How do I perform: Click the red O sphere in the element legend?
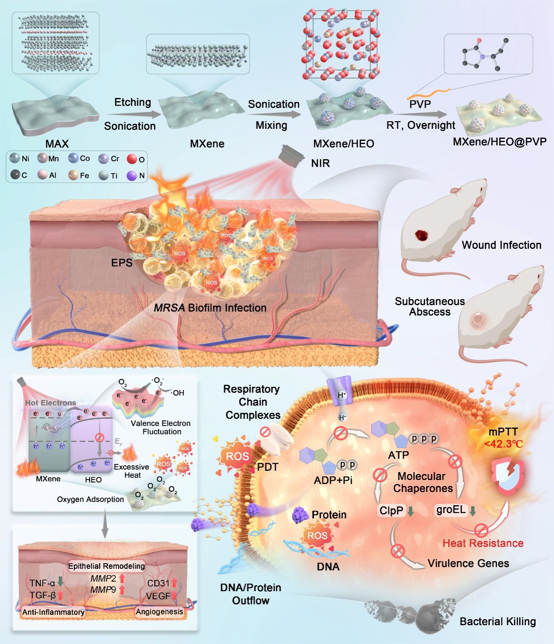[x=132, y=159]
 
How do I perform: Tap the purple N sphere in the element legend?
[x=132, y=175]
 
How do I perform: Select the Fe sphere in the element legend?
[x=73, y=175]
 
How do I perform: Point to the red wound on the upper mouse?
[x=421, y=235]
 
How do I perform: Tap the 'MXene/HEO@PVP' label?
[x=499, y=142]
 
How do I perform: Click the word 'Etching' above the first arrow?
[x=133, y=102]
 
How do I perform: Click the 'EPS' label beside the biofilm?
[x=122, y=263]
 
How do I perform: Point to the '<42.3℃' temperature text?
[x=503, y=444]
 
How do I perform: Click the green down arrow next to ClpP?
[x=410, y=511]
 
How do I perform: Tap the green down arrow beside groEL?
[x=472, y=511]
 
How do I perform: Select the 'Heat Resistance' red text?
[x=483, y=543]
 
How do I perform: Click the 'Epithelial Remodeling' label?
[x=106, y=566]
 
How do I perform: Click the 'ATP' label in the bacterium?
[x=398, y=455]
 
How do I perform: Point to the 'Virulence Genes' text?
[x=468, y=564]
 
